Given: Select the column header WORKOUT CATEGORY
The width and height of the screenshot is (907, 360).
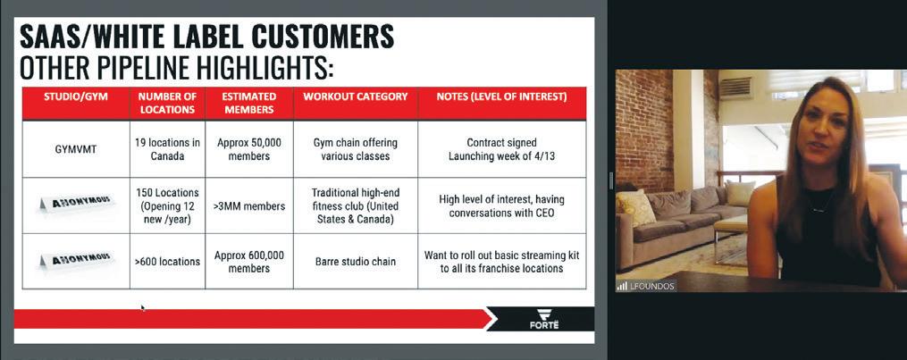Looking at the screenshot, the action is (x=355, y=97).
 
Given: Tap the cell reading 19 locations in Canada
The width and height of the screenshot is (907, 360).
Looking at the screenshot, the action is (x=167, y=149).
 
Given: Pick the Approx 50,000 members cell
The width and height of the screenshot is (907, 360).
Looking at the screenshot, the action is (x=249, y=149).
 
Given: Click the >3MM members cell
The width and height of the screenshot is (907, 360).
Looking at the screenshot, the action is (x=249, y=205).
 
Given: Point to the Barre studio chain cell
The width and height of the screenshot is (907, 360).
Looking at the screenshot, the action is (x=355, y=261).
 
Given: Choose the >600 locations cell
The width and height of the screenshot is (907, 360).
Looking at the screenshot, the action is (x=167, y=261).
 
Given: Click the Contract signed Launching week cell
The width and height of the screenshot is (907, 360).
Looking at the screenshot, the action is (x=501, y=149).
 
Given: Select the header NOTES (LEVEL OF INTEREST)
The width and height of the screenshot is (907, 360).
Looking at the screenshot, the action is (x=501, y=97).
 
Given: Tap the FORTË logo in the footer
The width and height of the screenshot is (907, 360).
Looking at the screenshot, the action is (x=544, y=319).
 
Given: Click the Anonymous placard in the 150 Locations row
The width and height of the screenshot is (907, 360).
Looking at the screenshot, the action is (x=75, y=204).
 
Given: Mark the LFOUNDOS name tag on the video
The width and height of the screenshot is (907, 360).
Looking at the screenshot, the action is (x=645, y=286).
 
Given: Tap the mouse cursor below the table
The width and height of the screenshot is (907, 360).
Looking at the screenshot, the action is (x=143, y=308).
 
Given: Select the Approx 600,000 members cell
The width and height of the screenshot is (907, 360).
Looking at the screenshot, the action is (x=249, y=261).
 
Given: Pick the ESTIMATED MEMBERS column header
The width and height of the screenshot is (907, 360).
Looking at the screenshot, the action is (x=249, y=103).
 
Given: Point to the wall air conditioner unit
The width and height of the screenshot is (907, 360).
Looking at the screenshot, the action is (x=735, y=88).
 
